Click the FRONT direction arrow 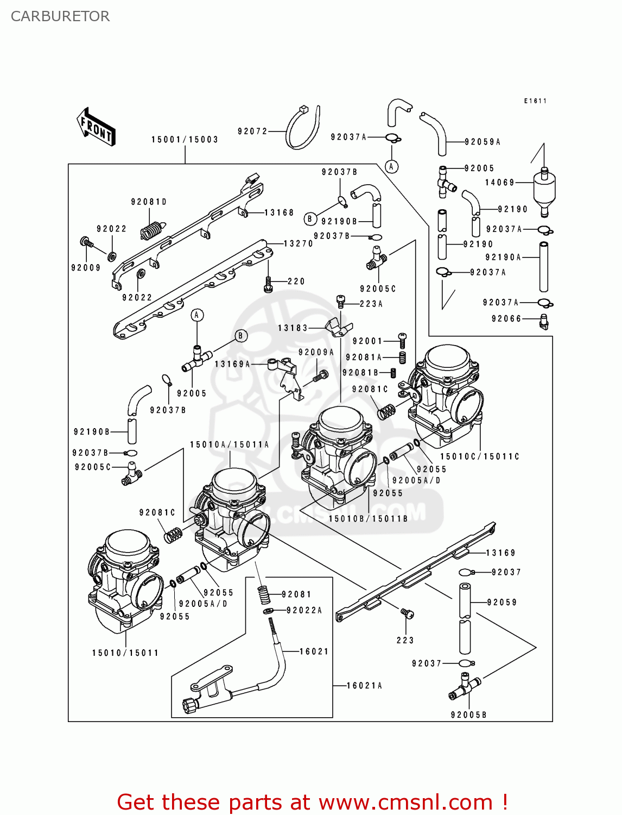(x=96, y=127)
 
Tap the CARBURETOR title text (x=60, y=16)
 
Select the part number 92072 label (x=252, y=131)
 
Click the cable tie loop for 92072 (x=303, y=128)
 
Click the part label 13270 (x=299, y=244)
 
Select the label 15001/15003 (x=185, y=140)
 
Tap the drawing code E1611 (x=535, y=101)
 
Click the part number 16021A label (x=364, y=686)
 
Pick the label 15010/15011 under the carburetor (x=125, y=653)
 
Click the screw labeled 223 (x=408, y=613)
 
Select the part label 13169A (x=232, y=364)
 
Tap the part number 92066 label (x=506, y=319)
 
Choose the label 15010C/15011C (x=480, y=456)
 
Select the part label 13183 (x=293, y=328)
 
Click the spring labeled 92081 (x=264, y=594)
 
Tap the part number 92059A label (x=483, y=142)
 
